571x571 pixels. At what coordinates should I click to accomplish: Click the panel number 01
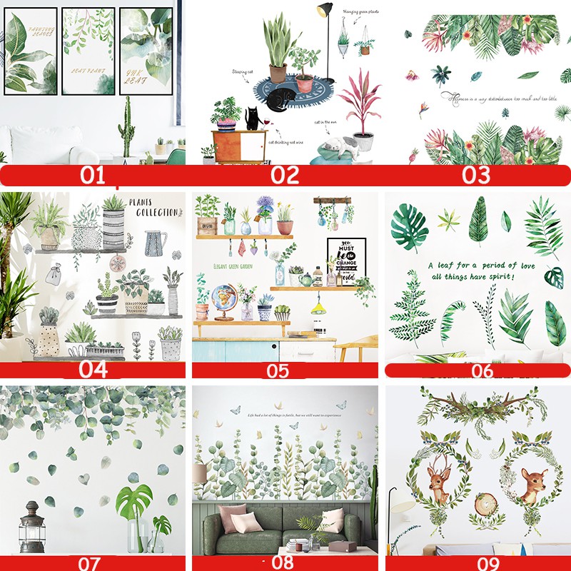point(93,175)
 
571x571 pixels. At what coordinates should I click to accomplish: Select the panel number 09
point(477,563)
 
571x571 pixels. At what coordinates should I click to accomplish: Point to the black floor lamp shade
point(325,10)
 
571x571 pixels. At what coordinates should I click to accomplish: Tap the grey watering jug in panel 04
point(154,243)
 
